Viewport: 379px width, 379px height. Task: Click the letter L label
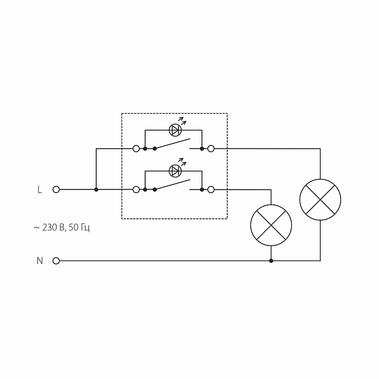click(x=40, y=189)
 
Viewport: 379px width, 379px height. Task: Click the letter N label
click(x=40, y=261)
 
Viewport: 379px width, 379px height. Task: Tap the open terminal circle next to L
click(x=57, y=189)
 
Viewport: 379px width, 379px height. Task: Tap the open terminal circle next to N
click(x=57, y=261)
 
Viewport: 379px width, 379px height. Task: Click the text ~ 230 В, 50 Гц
click(x=62, y=227)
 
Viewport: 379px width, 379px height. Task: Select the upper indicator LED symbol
click(x=175, y=129)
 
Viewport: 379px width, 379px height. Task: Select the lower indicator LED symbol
click(x=175, y=171)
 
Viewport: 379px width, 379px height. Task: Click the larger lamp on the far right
click(x=320, y=199)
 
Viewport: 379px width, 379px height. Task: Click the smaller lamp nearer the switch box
click(x=271, y=226)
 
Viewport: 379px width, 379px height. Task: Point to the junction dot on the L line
click(x=96, y=189)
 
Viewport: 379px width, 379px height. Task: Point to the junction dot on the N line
click(x=271, y=261)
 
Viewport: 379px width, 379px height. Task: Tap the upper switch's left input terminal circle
click(x=136, y=148)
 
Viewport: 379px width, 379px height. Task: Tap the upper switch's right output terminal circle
click(x=211, y=148)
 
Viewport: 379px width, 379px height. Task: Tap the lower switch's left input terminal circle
click(x=136, y=189)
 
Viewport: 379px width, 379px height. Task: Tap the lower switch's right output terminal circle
click(x=211, y=189)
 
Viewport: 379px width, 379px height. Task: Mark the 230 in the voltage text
click(x=49, y=227)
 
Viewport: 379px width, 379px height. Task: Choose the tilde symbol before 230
click(x=36, y=228)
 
